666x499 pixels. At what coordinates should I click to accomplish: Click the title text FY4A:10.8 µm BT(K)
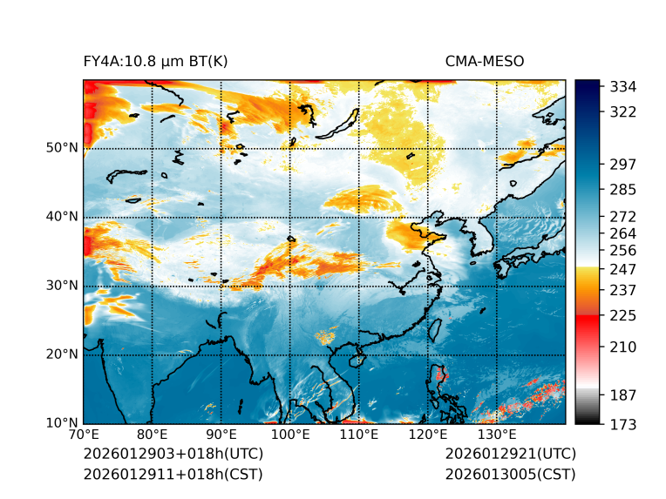(x=155, y=61)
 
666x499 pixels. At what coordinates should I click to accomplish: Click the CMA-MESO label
(x=485, y=61)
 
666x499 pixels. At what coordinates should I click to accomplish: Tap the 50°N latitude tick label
(x=63, y=148)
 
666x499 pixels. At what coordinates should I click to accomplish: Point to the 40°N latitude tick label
(x=63, y=217)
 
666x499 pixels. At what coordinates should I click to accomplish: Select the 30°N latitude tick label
(x=63, y=286)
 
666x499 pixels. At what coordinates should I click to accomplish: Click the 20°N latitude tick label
(x=63, y=354)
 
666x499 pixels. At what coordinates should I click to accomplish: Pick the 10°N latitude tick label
(x=63, y=423)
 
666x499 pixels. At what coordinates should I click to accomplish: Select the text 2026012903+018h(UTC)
(x=173, y=455)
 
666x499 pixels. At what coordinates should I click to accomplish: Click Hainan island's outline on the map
(x=356, y=360)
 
